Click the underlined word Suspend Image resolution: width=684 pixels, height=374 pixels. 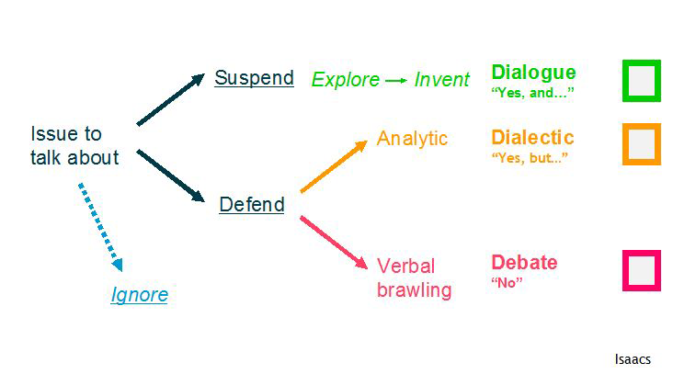(x=254, y=78)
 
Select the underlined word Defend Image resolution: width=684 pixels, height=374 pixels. (x=252, y=204)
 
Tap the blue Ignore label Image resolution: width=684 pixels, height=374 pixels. (x=140, y=295)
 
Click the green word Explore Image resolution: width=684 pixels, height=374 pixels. (x=346, y=80)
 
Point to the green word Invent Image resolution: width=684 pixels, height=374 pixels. (x=442, y=80)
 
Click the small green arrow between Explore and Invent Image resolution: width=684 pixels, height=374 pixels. (x=396, y=81)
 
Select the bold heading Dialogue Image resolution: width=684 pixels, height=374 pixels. (x=533, y=73)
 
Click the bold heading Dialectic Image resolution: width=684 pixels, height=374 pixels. (x=532, y=137)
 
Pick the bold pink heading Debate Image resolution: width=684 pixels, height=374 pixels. (x=524, y=263)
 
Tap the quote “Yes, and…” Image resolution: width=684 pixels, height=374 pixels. (x=532, y=93)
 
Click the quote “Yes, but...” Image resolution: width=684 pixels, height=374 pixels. (x=530, y=157)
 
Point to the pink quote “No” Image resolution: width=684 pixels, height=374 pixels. (x=507, y=282)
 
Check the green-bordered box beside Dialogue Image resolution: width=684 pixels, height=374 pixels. (x=624, y=81)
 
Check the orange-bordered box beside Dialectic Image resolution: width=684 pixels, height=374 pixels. (x=624, y=144)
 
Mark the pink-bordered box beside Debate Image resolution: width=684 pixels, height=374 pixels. (x=624, y=271)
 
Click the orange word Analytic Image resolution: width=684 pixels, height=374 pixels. (x=412, y=139)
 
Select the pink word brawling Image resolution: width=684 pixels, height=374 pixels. (x=415, y=289)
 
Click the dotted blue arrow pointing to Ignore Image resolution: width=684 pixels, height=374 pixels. (x=100, y=228)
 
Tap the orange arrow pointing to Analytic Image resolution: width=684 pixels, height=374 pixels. (x=334, y=166)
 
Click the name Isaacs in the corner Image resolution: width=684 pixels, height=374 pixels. (x=633, y=359)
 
